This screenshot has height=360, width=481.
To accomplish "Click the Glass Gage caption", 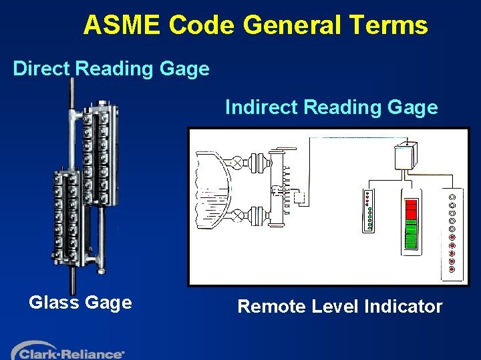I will pyautogui.click(x=80, y=303).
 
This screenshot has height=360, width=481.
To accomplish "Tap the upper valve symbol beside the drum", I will pyautogui.click(x=238, y=161).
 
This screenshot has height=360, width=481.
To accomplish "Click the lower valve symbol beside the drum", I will pyautogui.click(x=238, y=215).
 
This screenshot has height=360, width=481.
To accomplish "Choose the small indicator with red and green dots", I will pyautogui.click(x=369, y=211).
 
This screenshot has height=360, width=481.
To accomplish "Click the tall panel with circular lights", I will pyautogui.click(x=452, y=233).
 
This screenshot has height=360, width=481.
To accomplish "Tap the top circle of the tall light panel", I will pyautogui.click(x=452, y=197).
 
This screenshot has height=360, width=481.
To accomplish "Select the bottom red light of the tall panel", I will pyautogui.click(x=452, y=269).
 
